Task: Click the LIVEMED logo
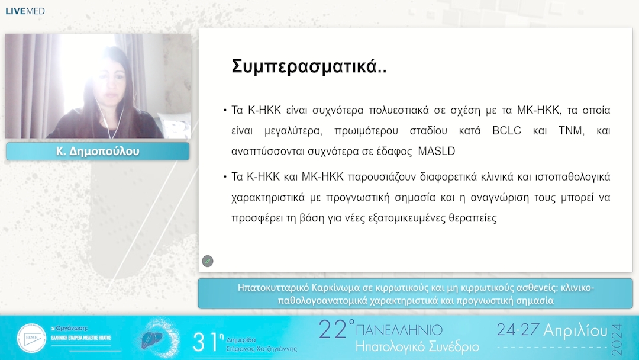(25, 11)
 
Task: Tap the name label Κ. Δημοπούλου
(98, 152)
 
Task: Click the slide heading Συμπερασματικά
(309, 66)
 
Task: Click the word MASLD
(436, 151)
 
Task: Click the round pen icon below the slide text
(208, 261)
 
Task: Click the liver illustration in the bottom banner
(149, 339)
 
